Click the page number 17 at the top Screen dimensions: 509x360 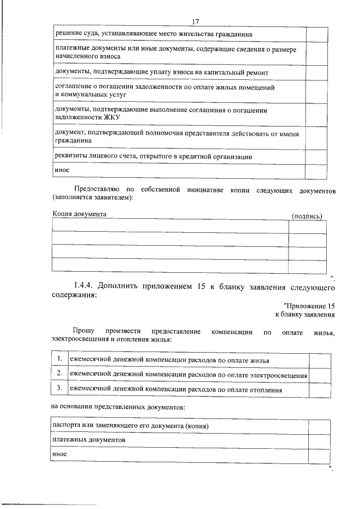coord(196,21)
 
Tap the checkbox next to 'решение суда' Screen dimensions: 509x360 coord(316,34)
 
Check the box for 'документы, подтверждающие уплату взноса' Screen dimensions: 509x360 coord(316,73)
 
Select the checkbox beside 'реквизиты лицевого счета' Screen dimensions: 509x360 coord(316,156)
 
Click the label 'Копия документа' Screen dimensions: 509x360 coord(79,215)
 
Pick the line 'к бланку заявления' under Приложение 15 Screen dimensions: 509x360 coord(305,314)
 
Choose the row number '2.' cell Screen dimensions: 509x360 coord(58,373)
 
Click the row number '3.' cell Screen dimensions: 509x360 coord(58,388)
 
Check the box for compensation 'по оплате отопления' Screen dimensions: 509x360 coord(319,388)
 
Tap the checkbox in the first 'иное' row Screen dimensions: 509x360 coord(316,170)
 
